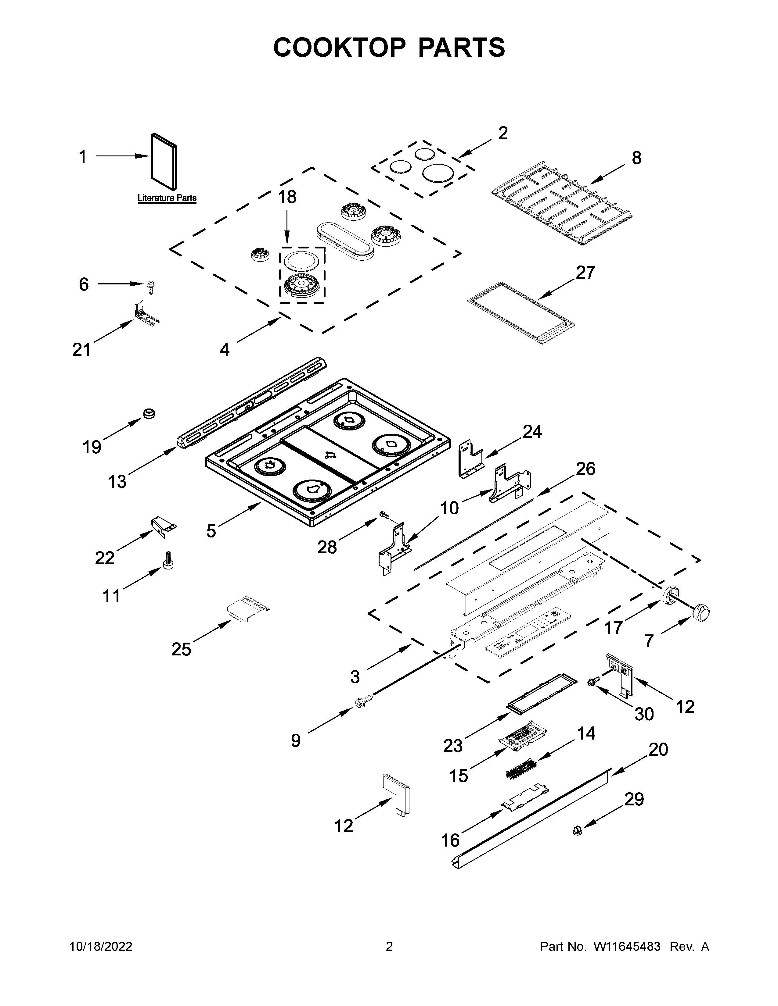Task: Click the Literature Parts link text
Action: point(167,198)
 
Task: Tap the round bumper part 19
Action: point(149,413)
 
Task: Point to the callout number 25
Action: point(181,649)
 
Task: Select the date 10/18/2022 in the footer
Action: point(101,947)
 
